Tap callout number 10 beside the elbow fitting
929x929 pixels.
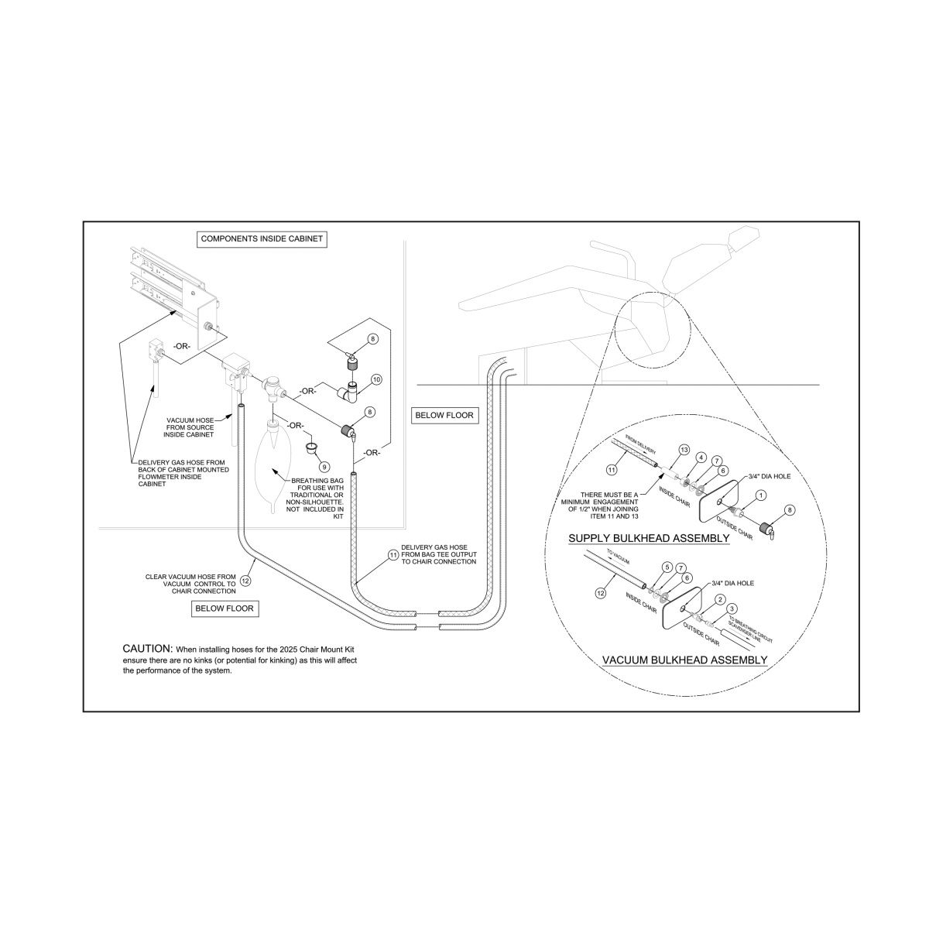pos(376,379)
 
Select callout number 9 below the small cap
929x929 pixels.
pos(324,467)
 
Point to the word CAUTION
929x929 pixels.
pos(147,648)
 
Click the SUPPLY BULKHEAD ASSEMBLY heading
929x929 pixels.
pos(649,538)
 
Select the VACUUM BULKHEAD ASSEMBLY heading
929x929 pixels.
pos(684,660)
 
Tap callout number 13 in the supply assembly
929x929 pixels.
pos(684,450)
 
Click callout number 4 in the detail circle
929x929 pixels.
pos(700,458)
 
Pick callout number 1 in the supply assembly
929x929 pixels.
pos(761,495)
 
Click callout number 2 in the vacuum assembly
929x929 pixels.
pos(720,599)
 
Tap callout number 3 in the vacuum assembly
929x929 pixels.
pos(732,608)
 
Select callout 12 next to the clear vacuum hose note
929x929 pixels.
pos(246,579)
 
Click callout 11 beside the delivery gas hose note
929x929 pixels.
pos(393,555)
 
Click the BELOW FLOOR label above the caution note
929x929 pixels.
pos(224,608)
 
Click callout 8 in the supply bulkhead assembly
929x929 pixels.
pos(789,510)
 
